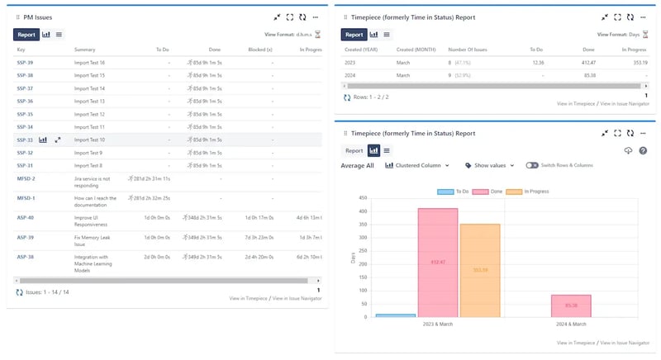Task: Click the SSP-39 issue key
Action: click(25, 62)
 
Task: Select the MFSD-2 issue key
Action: click(26, 178)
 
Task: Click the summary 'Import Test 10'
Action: click(89, 140)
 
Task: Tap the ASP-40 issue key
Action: click(26, 218)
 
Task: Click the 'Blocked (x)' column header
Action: click(260, 50)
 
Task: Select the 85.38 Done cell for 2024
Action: click(588, 75)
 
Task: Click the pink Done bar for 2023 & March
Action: click(438, 262)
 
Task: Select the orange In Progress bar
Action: click(480, 270)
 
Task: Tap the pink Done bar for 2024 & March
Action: click(571, 306)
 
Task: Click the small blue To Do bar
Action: click(396, 315)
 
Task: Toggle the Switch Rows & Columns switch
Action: click(532, 166)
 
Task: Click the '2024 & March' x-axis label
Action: click(571, 324)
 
